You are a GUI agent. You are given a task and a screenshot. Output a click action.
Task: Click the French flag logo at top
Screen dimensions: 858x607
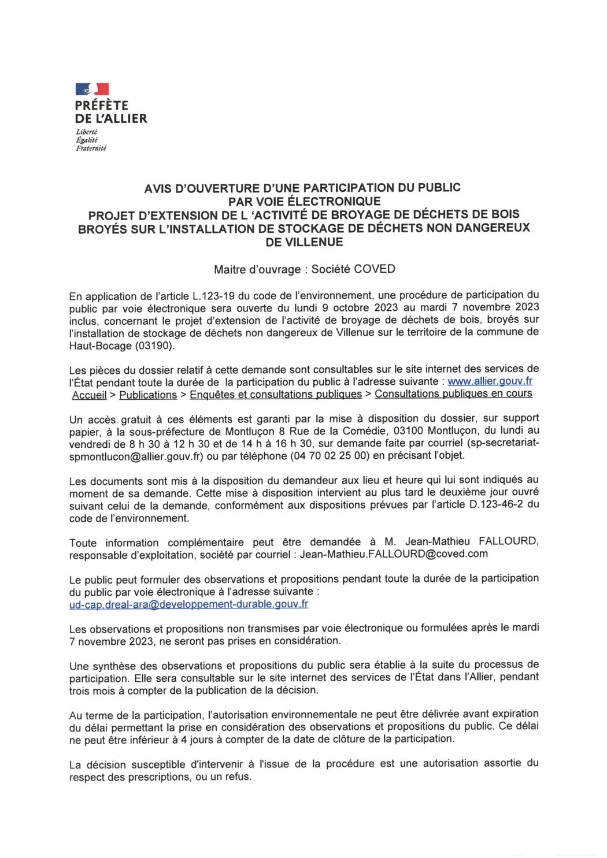(x=92, y=89)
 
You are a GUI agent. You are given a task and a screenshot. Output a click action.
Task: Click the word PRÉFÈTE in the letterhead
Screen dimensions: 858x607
(x=102, y=105)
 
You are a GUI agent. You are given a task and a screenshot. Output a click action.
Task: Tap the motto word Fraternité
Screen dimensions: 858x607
(x=91, y=148)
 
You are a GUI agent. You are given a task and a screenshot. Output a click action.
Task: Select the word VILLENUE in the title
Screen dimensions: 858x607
(x=304, y=242)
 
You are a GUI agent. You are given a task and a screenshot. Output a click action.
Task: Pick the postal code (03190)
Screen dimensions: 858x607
(x=154, y=346)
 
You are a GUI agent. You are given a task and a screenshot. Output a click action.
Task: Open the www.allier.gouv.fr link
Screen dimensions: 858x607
(x=490, y=381)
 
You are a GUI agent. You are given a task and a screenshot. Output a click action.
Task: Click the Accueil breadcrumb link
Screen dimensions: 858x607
(x=90, y=395)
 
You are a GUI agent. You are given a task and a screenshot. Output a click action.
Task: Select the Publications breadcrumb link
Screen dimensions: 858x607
(x=148, y=395)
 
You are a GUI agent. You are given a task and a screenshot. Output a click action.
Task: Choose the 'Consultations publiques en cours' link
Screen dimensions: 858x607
(x=453, y=394)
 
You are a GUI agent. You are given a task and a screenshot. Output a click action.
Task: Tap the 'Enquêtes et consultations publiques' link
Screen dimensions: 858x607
(x=276, y=395)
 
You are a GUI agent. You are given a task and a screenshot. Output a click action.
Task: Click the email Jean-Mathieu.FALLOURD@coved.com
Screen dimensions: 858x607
(x=393, y=554)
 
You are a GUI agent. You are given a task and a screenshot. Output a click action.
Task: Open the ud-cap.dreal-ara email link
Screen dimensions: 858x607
(x=188, y=604)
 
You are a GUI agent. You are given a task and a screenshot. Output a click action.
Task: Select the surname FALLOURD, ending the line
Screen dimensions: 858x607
(x=508, y=541)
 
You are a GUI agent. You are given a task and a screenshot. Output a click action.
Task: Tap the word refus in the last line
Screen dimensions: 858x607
(x=239, y=777)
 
